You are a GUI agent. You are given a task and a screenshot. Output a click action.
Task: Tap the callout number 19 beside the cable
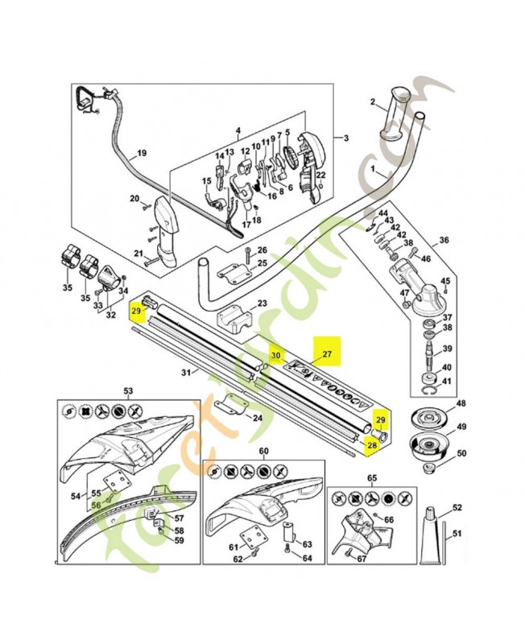coord(141,153)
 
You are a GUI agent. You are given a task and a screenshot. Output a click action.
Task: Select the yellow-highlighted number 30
coord(275,355)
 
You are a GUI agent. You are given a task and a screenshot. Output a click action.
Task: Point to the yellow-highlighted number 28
coord(372,444)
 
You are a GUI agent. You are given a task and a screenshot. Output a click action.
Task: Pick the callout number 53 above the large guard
coord(128,390)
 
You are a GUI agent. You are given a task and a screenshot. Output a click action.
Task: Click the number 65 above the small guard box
coord(372,478)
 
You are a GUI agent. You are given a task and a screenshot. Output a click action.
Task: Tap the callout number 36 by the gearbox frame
coord(444,241)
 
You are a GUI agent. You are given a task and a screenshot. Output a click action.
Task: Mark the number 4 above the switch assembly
coord(238,130)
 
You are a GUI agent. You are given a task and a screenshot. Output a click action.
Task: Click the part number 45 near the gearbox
coord(444,281)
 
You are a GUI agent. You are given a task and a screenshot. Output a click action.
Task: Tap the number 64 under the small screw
coord(307,557)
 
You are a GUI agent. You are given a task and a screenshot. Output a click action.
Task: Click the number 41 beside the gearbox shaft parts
coord(447,381)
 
